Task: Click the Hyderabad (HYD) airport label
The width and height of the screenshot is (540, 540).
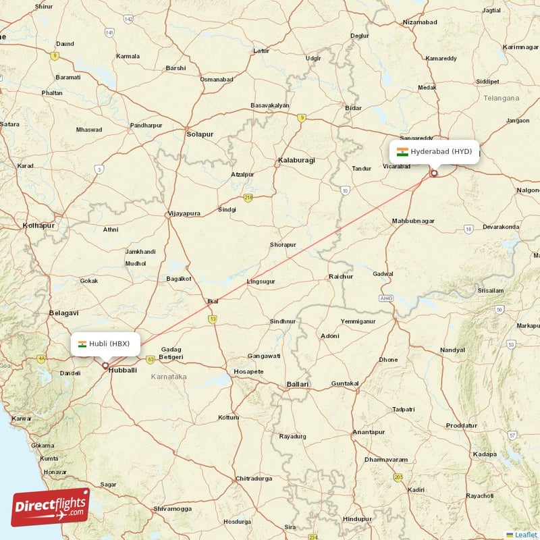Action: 435,151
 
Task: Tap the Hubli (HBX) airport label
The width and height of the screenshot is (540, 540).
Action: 105,344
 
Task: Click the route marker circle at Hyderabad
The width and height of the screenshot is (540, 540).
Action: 434,173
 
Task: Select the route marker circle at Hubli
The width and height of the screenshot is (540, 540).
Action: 105,366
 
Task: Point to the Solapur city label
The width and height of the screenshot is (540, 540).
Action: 200,134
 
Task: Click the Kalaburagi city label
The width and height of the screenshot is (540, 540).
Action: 296,161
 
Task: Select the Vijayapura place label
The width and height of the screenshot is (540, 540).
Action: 184,213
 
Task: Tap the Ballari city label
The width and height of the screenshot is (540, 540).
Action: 298,384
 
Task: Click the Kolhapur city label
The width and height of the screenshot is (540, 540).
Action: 38,225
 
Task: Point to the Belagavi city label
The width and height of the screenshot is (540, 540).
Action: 64,313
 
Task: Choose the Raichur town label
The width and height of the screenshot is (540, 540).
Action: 340,276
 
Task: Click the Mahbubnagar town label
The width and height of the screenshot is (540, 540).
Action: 413,221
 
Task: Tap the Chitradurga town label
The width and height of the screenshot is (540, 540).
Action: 254,479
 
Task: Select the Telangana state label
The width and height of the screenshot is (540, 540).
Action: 502,98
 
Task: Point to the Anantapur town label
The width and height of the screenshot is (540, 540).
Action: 369,432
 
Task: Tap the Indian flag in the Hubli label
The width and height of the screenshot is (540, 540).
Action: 82,344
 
